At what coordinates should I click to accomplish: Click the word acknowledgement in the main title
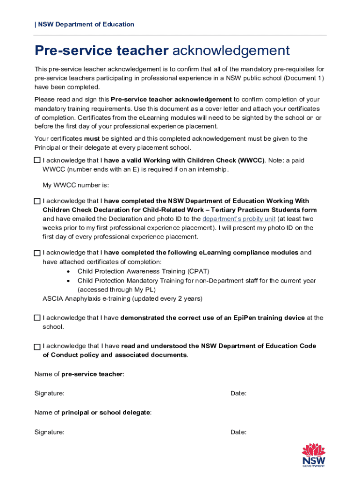coord(231,51)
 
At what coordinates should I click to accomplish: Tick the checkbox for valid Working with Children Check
coord(37,160)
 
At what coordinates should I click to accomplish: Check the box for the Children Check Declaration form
coord(37,201)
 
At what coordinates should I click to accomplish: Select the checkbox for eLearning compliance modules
coord(37,253)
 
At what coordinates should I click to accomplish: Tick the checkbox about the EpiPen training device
coord(37,318)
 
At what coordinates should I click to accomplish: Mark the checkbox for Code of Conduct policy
coord(37,347)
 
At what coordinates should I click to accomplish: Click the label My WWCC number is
coord(75,185)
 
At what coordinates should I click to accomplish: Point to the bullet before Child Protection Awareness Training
coord(69,272)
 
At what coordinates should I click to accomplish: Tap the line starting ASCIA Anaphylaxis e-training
coord(122,298)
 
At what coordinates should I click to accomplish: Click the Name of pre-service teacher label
coord(79,374)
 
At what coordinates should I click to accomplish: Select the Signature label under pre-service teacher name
coord(49,393)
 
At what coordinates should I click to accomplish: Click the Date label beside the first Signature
coord(238,393)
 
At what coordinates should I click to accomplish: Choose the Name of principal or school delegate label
coord(93,413)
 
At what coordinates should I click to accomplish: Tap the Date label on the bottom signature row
coord(238,432)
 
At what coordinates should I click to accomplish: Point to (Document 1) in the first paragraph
coord(303,78)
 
